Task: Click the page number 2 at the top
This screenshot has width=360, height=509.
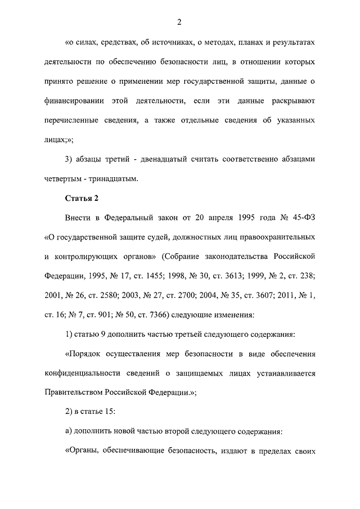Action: [179, 22]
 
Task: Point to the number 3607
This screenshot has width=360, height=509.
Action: [263, 295]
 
